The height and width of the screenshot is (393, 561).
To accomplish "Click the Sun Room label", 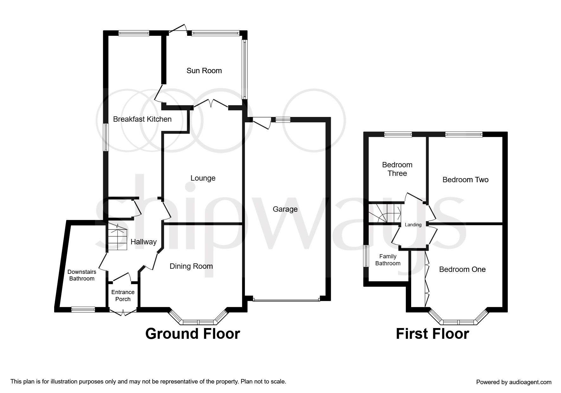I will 204,71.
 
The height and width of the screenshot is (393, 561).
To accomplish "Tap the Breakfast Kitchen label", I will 142,119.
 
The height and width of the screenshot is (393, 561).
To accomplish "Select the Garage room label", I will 285,209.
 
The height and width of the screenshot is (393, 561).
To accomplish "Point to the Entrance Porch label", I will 123,295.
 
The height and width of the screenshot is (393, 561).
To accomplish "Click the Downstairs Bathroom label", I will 82,275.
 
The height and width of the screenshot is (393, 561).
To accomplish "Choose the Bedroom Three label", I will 397,169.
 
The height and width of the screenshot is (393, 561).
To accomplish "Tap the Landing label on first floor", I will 413,225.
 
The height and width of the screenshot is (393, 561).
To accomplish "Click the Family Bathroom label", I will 388,260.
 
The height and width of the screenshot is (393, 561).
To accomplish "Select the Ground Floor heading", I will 193,334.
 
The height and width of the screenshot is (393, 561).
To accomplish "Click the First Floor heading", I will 432,334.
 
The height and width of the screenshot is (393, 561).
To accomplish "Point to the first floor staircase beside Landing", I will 385,213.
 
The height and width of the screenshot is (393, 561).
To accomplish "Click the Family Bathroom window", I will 366,256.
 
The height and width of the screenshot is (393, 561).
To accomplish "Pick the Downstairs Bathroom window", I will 83,309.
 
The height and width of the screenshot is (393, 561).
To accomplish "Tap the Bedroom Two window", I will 464,135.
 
